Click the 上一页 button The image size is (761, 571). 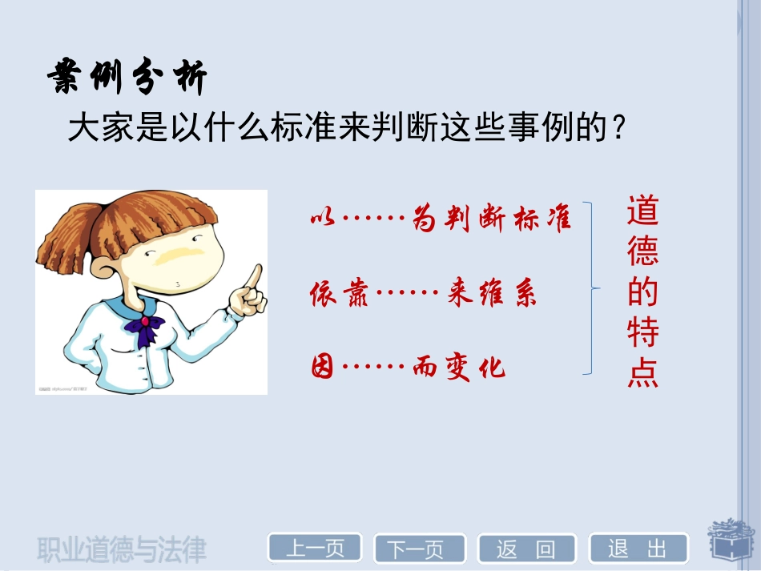tap(314, 549)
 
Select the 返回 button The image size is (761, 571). tap(525, 549)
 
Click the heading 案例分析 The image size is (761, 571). tap(127, 79)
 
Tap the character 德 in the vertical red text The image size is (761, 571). tap(642, 251)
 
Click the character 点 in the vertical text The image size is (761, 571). tap(642, 374)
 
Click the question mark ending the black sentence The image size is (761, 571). tap(617, 128)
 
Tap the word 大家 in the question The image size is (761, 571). tap(93, 127)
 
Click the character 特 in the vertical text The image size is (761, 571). tap(642, 333)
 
